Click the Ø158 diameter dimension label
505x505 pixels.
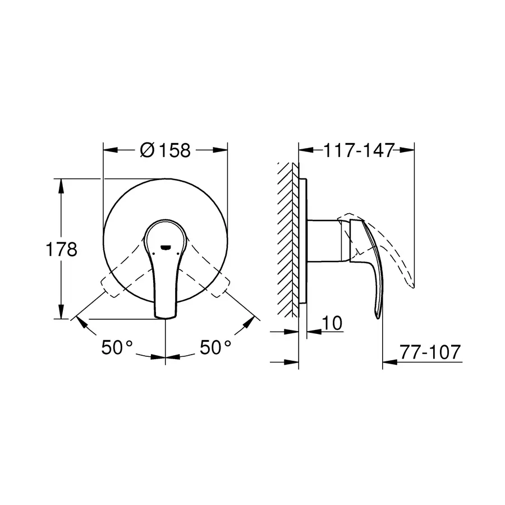pos(165,150)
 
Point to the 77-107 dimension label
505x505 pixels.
pos(431,352)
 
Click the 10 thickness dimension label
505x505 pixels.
pos(333,323)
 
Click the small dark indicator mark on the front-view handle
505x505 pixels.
pos(165,246)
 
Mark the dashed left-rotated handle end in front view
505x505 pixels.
pos(108,284)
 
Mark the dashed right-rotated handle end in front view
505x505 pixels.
pos(222,284)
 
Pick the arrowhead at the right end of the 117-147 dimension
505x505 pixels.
pos(408,150)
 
